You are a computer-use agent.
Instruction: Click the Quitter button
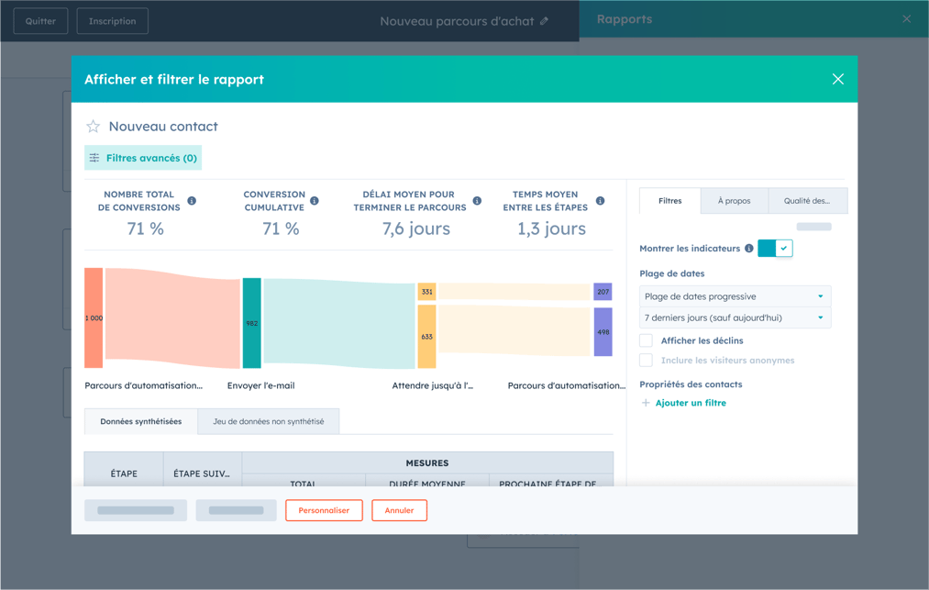(40, 21)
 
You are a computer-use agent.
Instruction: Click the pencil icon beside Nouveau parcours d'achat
(545, 21)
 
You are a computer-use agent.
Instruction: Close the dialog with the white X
(837, 79)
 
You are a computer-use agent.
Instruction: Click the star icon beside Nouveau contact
(93, 127)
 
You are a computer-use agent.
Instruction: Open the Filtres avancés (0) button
(143, 158)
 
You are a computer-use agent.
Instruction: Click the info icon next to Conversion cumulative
(315, 201)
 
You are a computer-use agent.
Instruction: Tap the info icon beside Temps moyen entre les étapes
(600, 201)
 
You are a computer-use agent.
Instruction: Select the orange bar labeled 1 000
(94, 318)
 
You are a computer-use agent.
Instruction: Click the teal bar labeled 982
(251, 323)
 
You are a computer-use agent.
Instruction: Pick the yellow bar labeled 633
(426, 337)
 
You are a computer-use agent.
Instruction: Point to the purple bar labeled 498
(603, 332)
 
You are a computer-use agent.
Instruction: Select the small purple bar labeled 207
(603, 292)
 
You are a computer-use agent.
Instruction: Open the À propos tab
(734, 201)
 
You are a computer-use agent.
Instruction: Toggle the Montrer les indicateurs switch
(775, 249)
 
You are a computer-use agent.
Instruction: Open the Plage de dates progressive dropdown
(735, 296)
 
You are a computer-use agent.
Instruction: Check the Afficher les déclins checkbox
(647, 340)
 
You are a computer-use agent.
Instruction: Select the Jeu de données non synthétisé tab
(268, 422)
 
